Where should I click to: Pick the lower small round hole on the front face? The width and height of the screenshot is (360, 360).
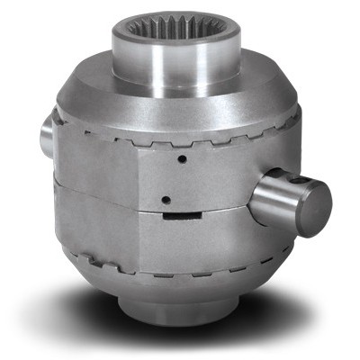click(164, 201)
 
